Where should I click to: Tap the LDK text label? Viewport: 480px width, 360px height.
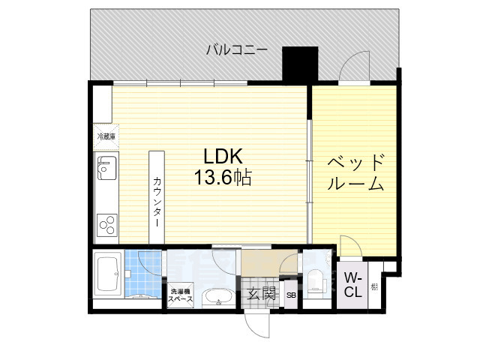223,156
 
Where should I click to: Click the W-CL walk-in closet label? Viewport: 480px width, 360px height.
352,286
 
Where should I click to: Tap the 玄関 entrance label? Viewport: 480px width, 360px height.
261,293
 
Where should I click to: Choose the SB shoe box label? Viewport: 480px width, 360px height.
290,295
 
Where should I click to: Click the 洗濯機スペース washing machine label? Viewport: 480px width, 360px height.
180,295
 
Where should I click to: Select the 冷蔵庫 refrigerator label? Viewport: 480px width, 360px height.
106,136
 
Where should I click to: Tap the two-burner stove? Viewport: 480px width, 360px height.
106,223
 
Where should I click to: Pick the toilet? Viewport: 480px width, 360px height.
316,281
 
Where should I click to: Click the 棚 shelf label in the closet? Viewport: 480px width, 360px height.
373,286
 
